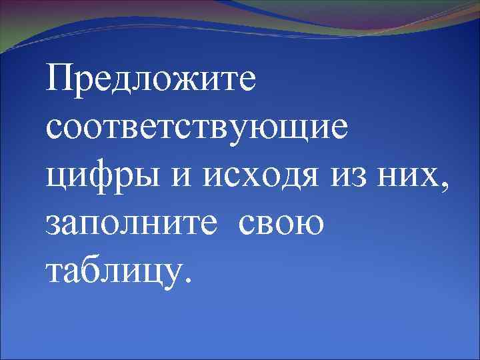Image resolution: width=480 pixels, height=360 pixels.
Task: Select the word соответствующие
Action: (197, 127)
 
